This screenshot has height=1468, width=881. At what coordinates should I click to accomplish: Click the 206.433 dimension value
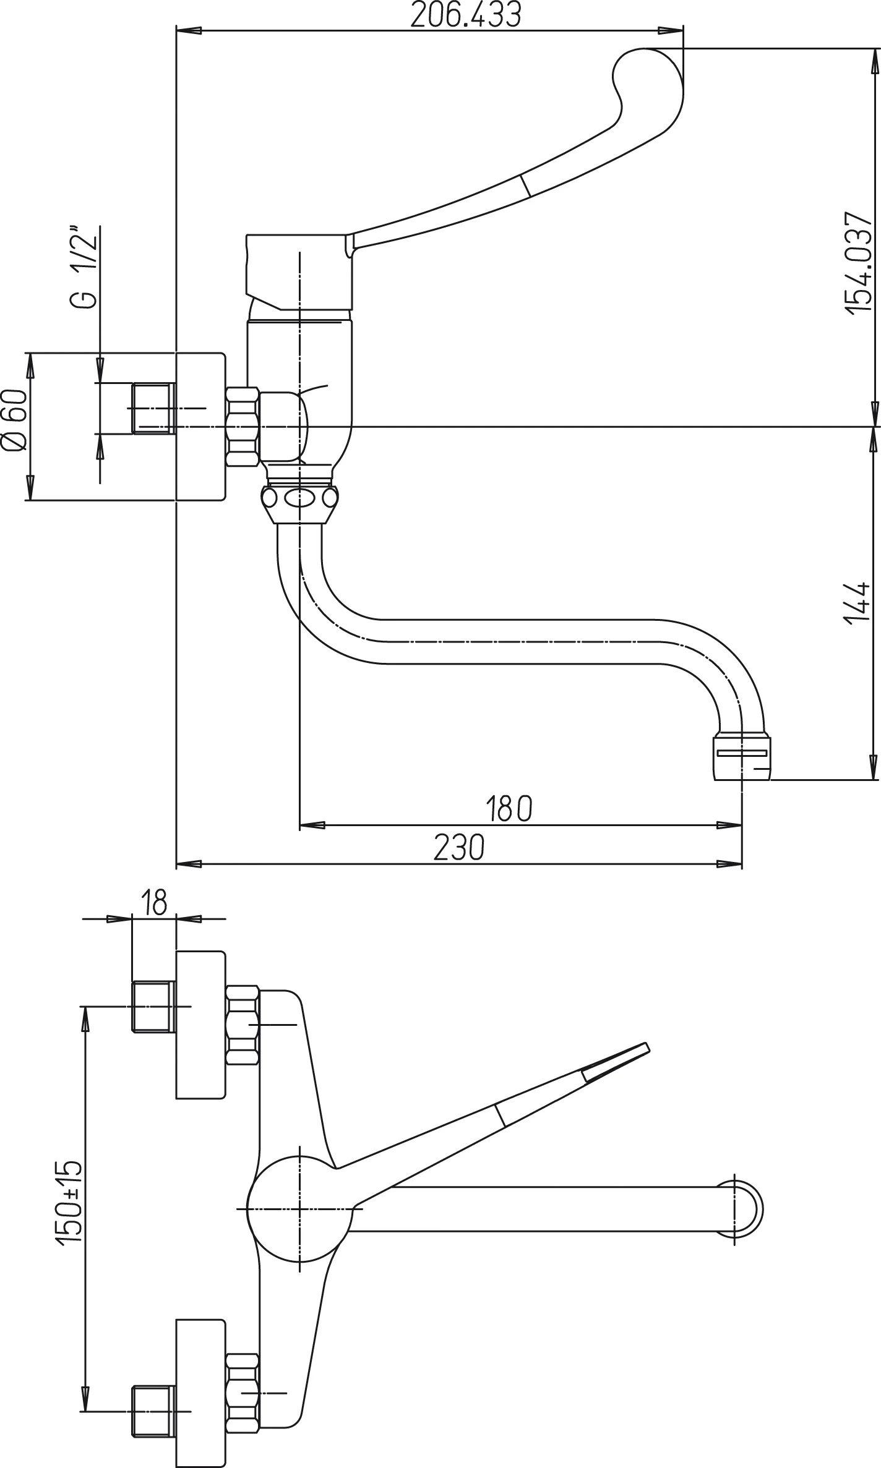click(x=465, y=15)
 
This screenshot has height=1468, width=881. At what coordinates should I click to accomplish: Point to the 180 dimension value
click(x=509, y=809)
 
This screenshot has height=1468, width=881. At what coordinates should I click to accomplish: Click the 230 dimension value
click(x=459, y=848)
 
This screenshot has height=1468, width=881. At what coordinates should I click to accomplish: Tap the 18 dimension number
click(x=154, y=902)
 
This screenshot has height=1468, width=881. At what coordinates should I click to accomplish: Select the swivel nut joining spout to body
click(x=300, y=498)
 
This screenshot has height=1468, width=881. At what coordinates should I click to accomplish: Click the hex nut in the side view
click(x=243, y=427)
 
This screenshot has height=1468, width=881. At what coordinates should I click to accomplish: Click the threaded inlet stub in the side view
click(x=153, y=408)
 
